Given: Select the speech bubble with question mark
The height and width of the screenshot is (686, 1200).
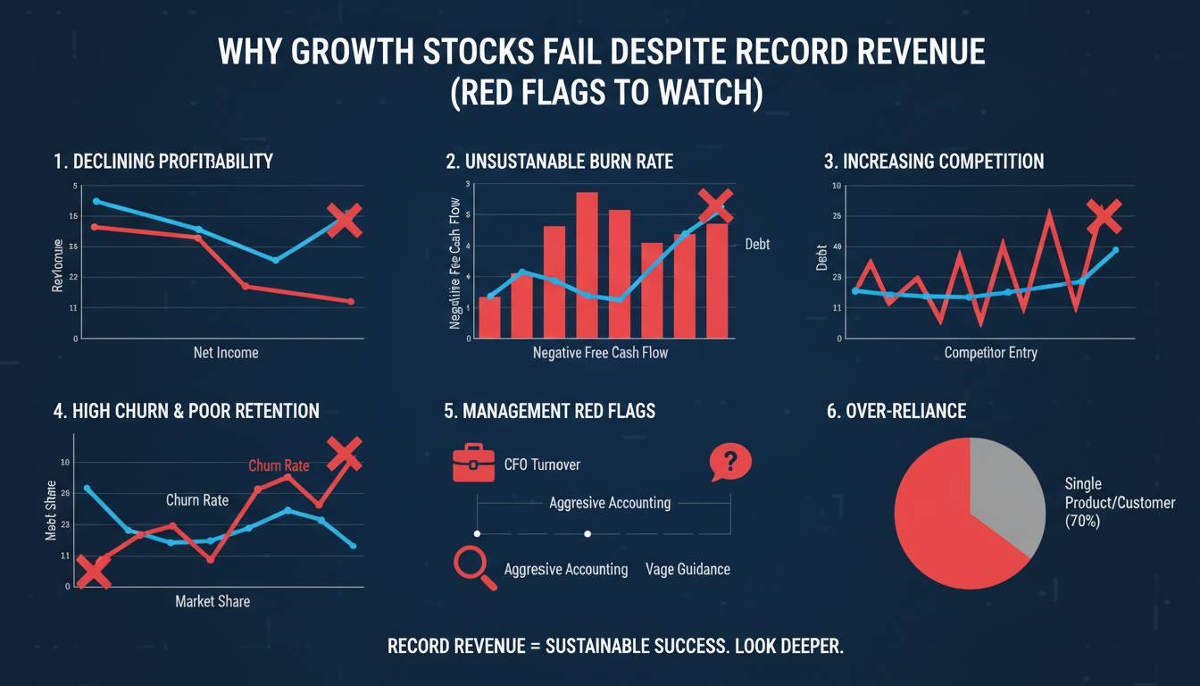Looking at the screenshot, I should [x=729, y=463].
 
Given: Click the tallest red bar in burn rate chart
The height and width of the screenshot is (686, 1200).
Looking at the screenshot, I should [x=587, y=265].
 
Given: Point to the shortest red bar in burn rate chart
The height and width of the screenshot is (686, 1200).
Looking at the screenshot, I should [x=489, y=317].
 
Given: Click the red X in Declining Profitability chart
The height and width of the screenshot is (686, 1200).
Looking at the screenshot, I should [x=345, y=219].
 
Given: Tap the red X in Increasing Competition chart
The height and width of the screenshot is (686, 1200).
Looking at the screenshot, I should [x=1104, y=215].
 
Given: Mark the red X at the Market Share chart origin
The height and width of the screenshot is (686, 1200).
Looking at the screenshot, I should [x=93, y=572].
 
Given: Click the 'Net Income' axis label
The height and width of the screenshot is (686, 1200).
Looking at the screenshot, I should [x=226, y=353].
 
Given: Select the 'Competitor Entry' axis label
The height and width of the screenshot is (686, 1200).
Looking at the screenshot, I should [x=990, y=353].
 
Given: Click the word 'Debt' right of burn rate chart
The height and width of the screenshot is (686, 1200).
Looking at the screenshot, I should [x=756, y=244].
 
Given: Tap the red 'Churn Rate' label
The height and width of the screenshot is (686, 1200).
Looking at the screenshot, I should [x=279, y=465].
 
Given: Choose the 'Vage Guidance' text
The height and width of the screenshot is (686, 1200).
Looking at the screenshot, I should [x=687, y=569].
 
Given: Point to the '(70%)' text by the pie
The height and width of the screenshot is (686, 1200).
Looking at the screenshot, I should [x=1082, y=521].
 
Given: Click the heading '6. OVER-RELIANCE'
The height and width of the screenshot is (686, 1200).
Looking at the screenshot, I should [x=896, y=411].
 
